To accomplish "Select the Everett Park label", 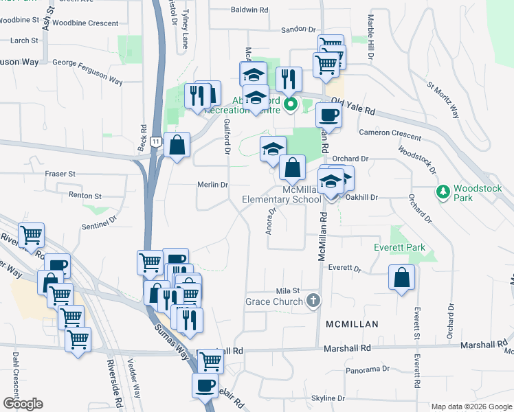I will (x=399, y=247).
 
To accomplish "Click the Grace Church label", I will (x=274, y=301).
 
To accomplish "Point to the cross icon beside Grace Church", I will (x=313, y=300).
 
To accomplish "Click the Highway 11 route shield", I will (x=157, y=141).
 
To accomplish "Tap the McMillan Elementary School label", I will (x=282, y=194).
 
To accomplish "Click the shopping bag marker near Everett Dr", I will (x=401, y=278).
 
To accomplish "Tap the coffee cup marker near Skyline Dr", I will (x=206, y=385).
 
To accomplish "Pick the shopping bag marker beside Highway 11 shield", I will (x=177, y=145).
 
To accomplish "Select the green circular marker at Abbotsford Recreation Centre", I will (x=290, y=104).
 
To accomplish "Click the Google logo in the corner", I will (x=23, y=404).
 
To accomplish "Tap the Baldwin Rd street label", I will (x=249, y=10).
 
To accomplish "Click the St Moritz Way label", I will (x=443, y=100).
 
